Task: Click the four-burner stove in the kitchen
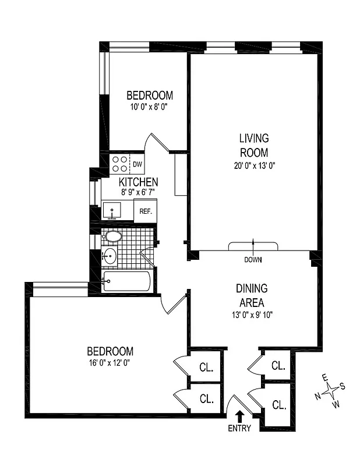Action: pyautogui.click(x=120, y=164)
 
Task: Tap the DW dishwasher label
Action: pyautogui.click(x=138, y=164)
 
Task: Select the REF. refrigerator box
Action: pyautogui.click(x=145, y=211)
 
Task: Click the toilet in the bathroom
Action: pyautogui.click(x=112, y=236)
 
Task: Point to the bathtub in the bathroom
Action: pyautogui.click(x=127, y=282)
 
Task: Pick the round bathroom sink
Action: pyautogui.click(x=110, y=256)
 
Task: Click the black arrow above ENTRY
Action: pyautogui.click(x=239, y=416)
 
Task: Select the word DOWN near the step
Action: pyautogui.click(x=253, y=259)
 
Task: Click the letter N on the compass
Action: pyautogui.click(x=317, y=396)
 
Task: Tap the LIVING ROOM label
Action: pyautogui.click(x=254, y=146)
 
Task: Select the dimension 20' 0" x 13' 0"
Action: pyautogui.click(x=254, y=165)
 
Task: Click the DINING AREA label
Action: pyautogui.click(x=251, y=295)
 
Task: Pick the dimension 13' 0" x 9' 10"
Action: pyautogui.click(x=251, y=315)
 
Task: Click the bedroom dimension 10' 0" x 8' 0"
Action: pyautogui.click(x=150, y=107)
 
